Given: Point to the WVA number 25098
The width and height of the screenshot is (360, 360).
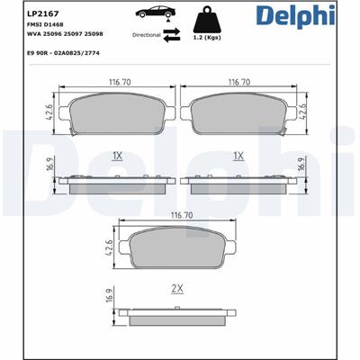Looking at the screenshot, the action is pyautogui.click(x=94, y=34).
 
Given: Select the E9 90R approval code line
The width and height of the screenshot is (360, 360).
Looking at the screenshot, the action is pyautogui.click(x=63, y=53).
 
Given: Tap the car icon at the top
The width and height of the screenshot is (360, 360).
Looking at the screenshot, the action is pyautogui.click(x=155, y=13).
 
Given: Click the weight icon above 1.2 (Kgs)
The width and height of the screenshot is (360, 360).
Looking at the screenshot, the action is pyautogui.click(x=207, y=19).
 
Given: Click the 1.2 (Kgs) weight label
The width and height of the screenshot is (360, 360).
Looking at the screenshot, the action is pyautogui.click(x=207, y=38).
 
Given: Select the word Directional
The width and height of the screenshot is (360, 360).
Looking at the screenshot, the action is pyautogui.click(x=147, y=35).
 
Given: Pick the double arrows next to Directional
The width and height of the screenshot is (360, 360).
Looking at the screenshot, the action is pyautogui.click(x=172, y=35).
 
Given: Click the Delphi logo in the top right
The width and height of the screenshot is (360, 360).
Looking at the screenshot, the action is pyautogui.click(x=295, y=15).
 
